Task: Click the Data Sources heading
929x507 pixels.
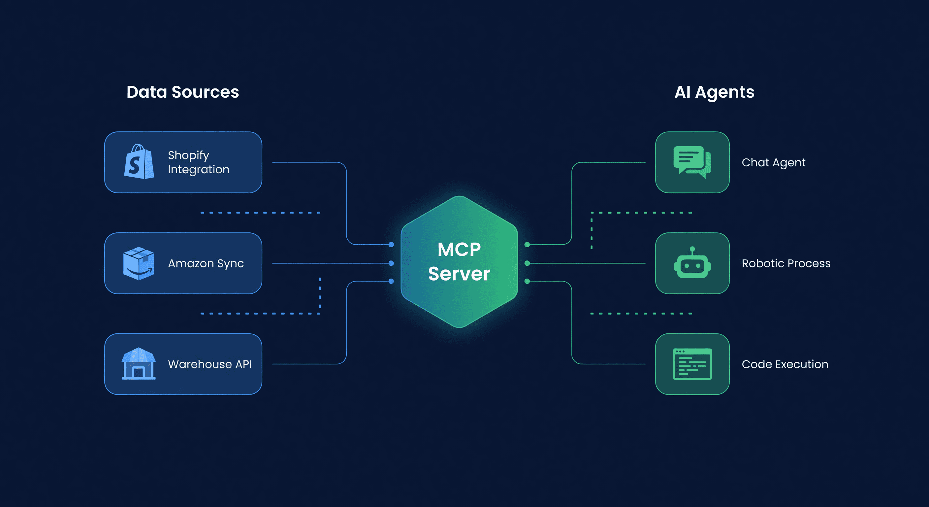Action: pyautogui.click(x=182, y=92)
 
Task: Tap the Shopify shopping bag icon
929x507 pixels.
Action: pyautogui.click(x=139, y=162)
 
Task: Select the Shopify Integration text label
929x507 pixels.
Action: pyautogui.click(x=198, y=162)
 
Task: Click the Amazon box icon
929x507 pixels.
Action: pyautogui.click(x=139, y=263)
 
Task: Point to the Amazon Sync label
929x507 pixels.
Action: pyautogui.click(x=206, y=263)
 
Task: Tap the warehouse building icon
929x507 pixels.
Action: pyautogui.click(x=139, y=363)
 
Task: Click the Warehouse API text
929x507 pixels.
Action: pyautogui.click(x=210, y=364)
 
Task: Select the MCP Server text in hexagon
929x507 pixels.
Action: pyautogui.click(x=459, y=262)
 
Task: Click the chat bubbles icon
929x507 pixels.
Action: pyautogui.click(x=692, y=162)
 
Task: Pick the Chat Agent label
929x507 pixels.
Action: pyautogui.click(x=773, y=162)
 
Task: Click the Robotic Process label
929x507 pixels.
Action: pyautogui.click(x=786, y=263)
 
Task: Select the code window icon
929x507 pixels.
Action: pyautogui.click(x=692, y=364)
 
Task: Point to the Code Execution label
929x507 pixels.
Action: pyautogui.click(x=785, y=364)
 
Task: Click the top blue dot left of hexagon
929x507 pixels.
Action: pyautogui.click(x=391, y=245)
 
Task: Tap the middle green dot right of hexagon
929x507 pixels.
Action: pyautogui.click(x=527, y=263)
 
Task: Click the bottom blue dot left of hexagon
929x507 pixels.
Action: pyautogui.click(x=391, y=281)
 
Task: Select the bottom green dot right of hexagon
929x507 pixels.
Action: pyautogui.click(x=527, y=281)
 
